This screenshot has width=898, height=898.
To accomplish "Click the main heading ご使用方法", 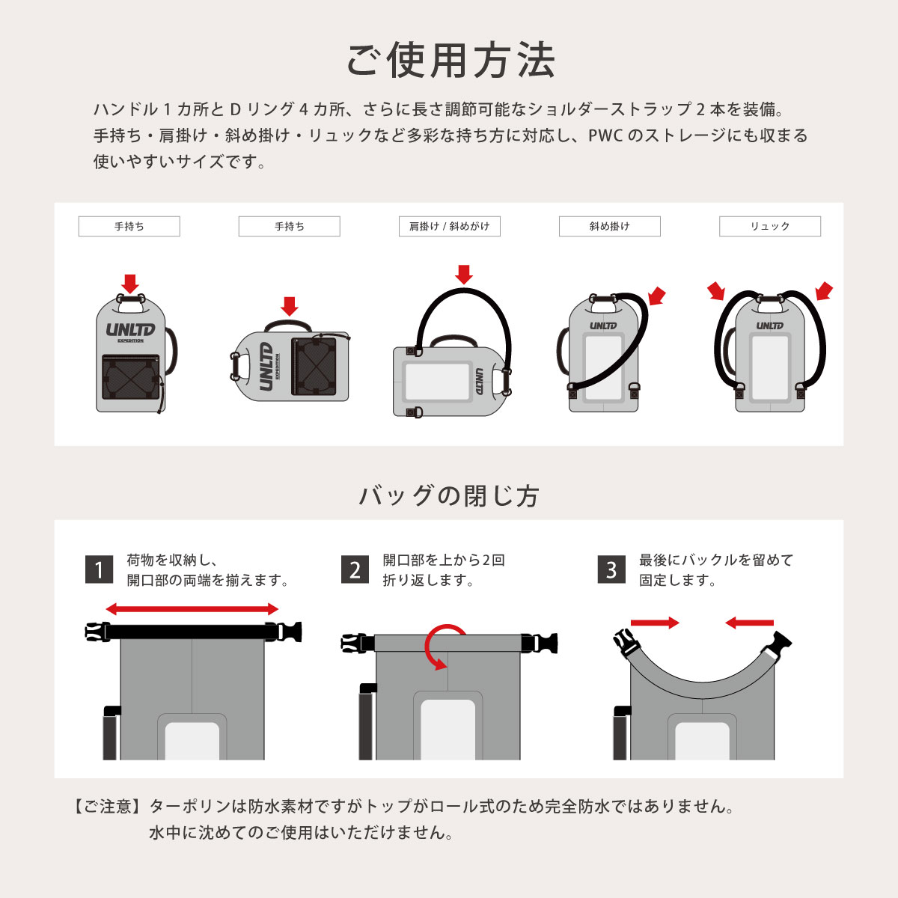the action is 450,61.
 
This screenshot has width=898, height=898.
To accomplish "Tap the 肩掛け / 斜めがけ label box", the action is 449,227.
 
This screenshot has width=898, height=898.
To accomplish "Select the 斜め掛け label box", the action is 610,227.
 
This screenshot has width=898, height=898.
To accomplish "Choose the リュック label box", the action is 770,227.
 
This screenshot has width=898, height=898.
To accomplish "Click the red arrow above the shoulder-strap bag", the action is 464,275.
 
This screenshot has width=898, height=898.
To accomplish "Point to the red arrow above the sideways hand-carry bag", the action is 290,306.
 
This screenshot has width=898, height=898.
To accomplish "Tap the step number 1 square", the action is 99,569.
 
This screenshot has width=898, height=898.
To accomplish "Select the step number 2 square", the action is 355,569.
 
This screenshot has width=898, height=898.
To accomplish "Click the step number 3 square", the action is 611,569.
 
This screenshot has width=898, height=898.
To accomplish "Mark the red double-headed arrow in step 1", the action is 192,608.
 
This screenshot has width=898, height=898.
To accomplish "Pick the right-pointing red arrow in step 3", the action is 655,623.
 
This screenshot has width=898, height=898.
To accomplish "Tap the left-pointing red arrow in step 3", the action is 749,623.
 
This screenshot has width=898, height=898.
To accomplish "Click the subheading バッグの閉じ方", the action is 449,495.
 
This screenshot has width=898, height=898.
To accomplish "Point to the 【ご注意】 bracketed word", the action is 107,806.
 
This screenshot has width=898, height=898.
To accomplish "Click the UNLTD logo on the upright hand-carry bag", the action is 130,331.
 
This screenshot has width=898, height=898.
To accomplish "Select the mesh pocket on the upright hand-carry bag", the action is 130,377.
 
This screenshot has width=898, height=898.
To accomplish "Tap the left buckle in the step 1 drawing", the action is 97,632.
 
